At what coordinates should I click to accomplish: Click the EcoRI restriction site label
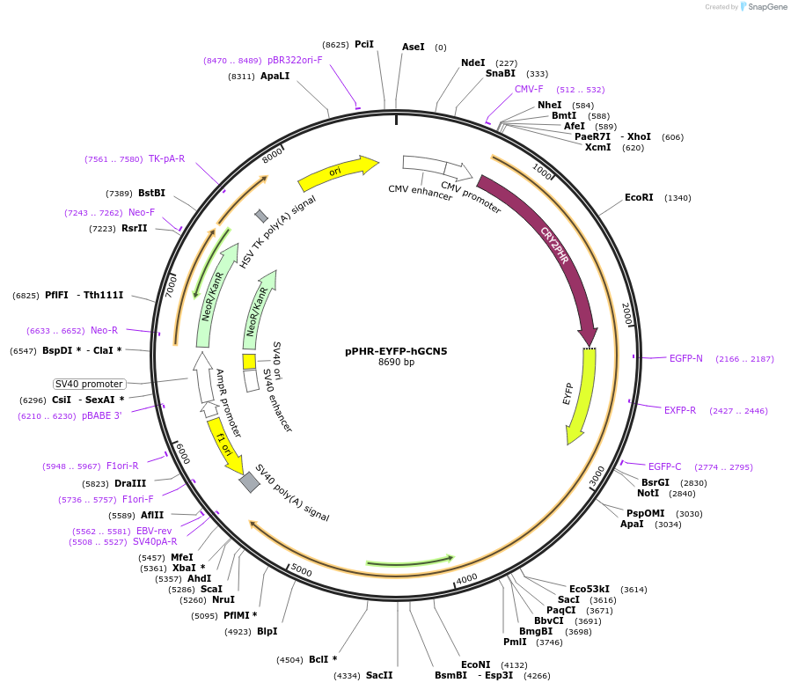tap(639, 198)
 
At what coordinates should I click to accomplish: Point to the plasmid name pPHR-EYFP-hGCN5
tap(396, 351)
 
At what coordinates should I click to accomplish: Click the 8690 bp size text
tap(396, 363)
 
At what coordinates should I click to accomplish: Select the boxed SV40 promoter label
tap(89, 384)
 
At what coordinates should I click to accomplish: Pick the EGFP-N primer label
tap(686, 358)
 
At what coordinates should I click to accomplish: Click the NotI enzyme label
tap(648, 493)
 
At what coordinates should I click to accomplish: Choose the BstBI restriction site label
tap(152, 194)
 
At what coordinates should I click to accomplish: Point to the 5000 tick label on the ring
tap(301, 572)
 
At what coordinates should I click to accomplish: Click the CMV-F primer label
tap(529, 89)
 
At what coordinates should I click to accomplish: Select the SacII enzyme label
tap(379, 675)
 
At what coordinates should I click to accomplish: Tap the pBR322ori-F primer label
tap(295, 60)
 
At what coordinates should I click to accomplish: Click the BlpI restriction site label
tap(267, 631)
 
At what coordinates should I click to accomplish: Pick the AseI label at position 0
tap(413, 47)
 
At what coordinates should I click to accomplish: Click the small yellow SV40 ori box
tap(249, 362)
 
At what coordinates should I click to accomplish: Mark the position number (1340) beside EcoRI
tap(677, 198)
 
